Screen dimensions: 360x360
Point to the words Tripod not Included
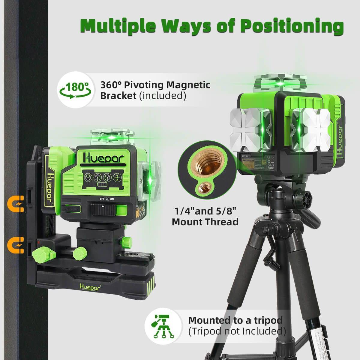click(x=236, y=331)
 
